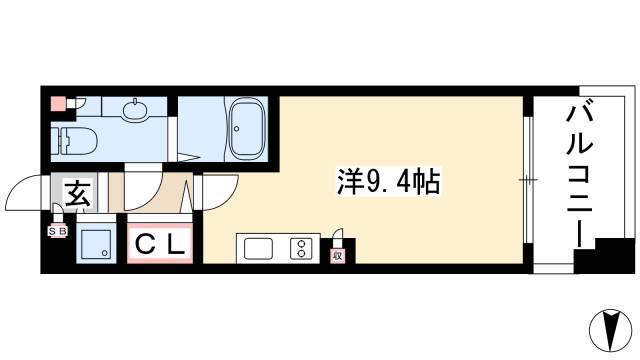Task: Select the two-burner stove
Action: click(x=298, y=248)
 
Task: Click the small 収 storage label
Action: click(x=337, y=256)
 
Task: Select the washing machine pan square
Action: click(x=97, y=243)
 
